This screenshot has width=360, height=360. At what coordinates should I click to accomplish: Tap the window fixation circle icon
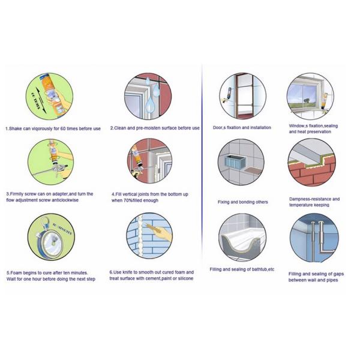click(310, 96)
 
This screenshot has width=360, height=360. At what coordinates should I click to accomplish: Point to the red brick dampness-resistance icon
click(310, 163)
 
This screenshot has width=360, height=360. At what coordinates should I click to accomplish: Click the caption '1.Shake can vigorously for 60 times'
click(53, 128)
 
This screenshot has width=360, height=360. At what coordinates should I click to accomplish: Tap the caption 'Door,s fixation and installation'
click(242, 127)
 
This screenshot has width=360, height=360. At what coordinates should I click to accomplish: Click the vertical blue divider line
click(202, 180)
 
